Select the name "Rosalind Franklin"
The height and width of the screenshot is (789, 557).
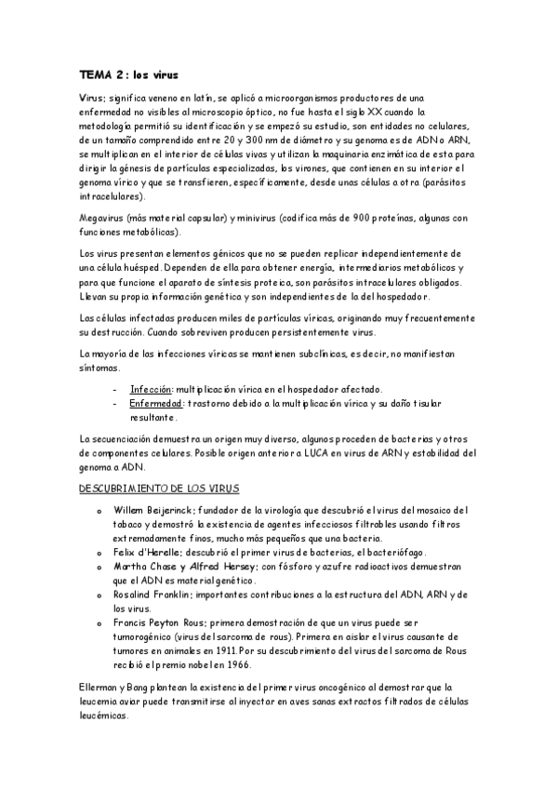151,595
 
